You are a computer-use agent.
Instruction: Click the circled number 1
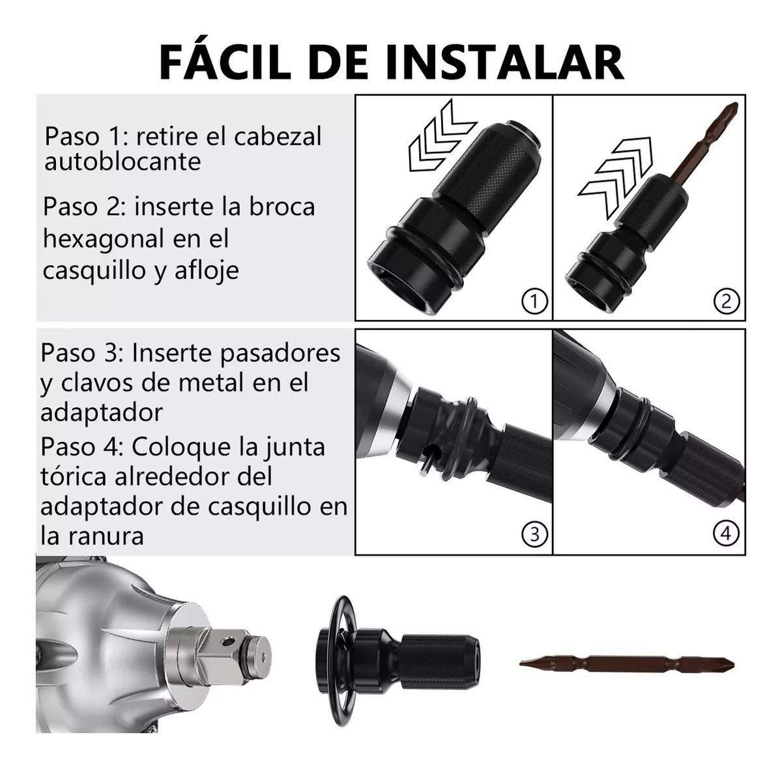coord(534,301)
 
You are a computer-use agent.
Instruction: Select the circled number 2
coord(727,301)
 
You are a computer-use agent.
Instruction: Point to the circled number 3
coord(534,534)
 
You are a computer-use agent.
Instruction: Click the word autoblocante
coord(123,162)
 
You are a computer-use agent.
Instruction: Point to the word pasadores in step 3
coord(280,354)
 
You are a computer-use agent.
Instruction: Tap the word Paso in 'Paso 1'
coord(72,136)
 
